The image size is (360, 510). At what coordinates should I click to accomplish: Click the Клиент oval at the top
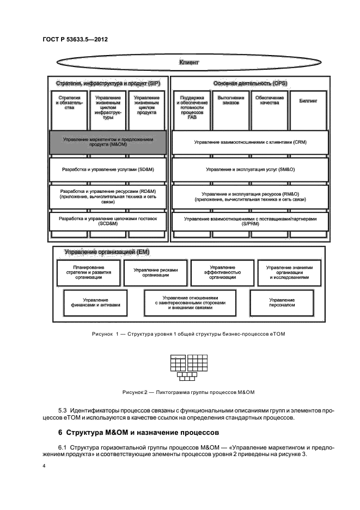[188, 63]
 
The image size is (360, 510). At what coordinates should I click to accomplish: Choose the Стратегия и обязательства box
[69, 104]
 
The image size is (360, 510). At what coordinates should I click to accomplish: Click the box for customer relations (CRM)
[249, 142]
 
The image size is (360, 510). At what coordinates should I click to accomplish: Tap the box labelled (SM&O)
[249, 169]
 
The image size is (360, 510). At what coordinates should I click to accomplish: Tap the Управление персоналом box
[282, 302]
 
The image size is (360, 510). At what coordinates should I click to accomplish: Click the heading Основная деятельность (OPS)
[250, 83]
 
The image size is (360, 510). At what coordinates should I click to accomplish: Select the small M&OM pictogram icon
[186, 367]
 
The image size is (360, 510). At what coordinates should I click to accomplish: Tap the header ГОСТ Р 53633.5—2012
[75, 40]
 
